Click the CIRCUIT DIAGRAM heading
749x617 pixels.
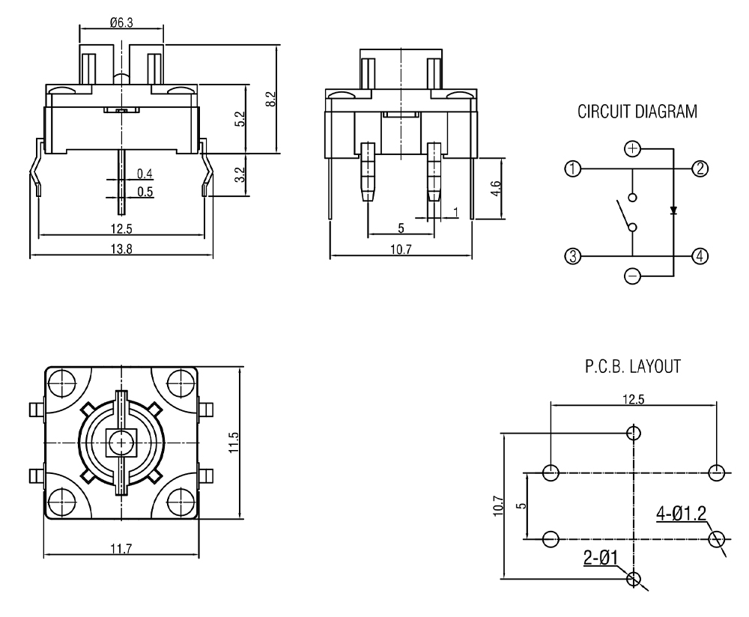tap(637, 112)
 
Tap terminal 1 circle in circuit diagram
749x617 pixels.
tap(573, 169)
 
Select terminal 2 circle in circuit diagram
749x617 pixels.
tap(699, 168)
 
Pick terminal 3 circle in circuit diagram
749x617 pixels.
tap(573, 257)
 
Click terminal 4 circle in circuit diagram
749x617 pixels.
tap(699, 257)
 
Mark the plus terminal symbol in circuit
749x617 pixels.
tap(633, 148)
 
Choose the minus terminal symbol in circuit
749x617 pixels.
tap(633, 277)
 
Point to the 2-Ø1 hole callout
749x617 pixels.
tap(601, 557)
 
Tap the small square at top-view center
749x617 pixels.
tap(119, 442)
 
